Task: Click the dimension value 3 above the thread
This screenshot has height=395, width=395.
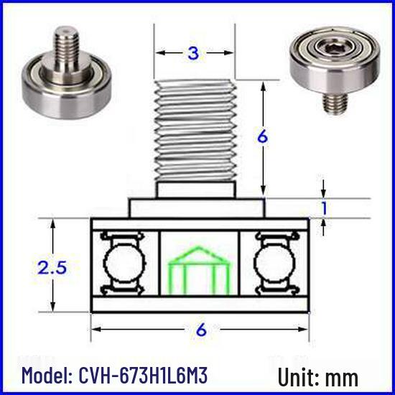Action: click(x=193, y=53)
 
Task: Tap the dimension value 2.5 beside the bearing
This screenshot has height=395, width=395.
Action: click(x=52, y=267)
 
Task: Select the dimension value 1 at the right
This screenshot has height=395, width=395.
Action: click(x=325, y=208)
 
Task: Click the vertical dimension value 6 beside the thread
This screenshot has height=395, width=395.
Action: click(x=263, y=136)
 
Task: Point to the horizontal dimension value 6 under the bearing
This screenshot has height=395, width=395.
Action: click(x=201, y=330)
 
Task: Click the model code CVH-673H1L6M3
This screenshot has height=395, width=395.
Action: click(x=144, y=376)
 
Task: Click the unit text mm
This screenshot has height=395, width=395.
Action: click(x=342, y=378)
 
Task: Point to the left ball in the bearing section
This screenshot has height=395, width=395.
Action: click(x=125, y=264)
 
